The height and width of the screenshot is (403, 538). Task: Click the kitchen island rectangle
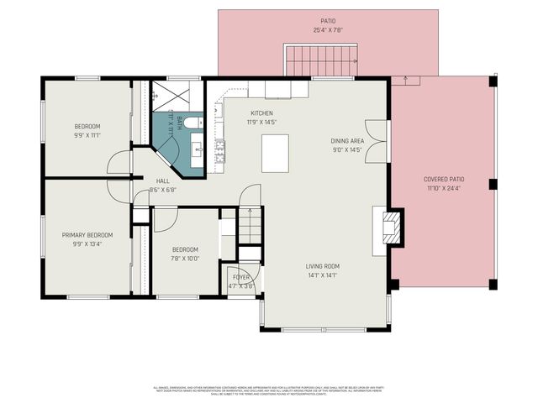click(x=275, y=153)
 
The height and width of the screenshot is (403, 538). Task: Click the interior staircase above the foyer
click(x=250, y=225)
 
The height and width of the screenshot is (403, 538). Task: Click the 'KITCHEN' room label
click(x=261, y=113)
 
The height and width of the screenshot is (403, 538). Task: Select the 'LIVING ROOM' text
click(x=322, y=266)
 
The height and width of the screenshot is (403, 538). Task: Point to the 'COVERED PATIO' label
click(x=444, y=179)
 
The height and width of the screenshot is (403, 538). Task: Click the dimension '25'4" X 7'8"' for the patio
click(x=328, y=29)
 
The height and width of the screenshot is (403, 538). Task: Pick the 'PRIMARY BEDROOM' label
click(x=87, y=235)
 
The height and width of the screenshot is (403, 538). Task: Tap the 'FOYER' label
click(x=241, y=276)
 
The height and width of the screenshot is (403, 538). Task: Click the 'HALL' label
click(x=163, y=181)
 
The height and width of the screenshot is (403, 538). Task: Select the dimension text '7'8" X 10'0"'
click(x=185, y=259)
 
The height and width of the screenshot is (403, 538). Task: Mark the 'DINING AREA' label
click(x=346, y=141)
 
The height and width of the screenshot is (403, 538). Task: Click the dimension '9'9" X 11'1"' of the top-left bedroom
click(x=87, y=135)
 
